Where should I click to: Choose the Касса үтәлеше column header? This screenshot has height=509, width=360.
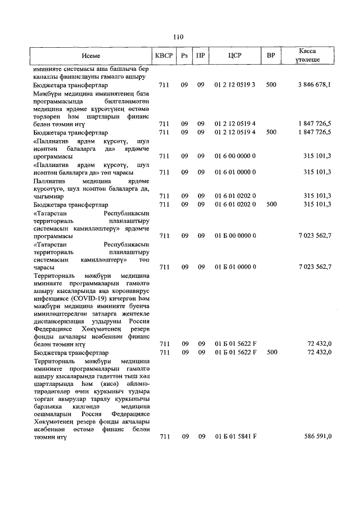[309, 55]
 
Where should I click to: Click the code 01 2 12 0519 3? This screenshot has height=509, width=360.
[235, 84]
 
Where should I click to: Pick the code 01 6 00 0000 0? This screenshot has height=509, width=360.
[235, 156]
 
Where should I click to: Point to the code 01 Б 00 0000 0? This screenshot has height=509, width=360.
[235, 236]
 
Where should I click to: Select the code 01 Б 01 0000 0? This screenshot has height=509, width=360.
[235, 267]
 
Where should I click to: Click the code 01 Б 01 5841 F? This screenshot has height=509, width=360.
[235, 436]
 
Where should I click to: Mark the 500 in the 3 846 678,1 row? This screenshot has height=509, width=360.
[271, 84]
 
